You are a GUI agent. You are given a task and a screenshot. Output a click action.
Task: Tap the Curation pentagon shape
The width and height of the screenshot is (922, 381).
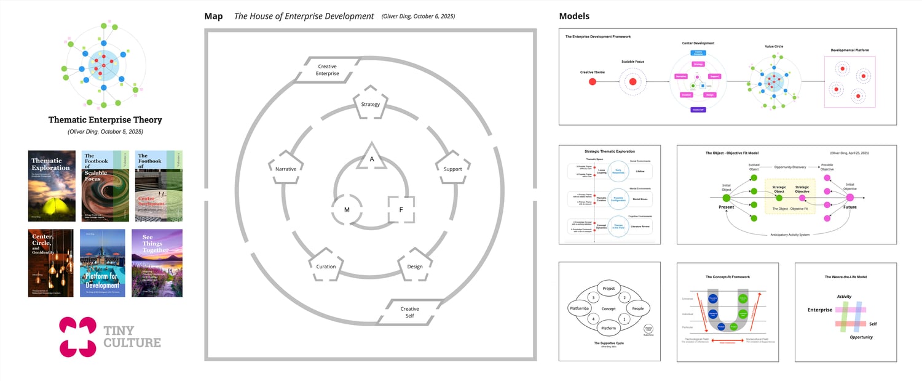326,265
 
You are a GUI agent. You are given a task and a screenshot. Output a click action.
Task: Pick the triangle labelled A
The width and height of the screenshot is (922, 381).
371,158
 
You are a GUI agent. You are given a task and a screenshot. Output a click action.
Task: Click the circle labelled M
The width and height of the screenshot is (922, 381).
347,209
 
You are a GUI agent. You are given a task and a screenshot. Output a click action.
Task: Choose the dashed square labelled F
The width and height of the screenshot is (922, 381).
401,209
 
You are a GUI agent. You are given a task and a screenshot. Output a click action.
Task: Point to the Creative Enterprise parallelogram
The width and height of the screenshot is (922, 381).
328,70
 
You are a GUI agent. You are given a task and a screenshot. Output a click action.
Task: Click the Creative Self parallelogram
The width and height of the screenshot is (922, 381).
409,312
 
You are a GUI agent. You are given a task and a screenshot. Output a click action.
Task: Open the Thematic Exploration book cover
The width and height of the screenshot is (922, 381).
52,185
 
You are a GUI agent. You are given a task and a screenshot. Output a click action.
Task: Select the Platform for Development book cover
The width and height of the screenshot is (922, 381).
103,263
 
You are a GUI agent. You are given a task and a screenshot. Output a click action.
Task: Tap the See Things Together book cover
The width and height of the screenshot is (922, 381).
157,263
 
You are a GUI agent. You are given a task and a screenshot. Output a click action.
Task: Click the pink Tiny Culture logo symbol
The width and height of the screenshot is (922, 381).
77,337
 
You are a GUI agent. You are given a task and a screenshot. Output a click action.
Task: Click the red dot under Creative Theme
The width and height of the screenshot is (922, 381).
593,81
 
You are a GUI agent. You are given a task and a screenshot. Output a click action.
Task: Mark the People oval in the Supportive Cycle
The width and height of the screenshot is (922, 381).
637,308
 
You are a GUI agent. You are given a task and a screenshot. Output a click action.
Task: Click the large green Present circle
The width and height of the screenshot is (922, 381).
726,198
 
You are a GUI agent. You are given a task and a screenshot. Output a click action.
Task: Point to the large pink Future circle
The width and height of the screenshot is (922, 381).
850,198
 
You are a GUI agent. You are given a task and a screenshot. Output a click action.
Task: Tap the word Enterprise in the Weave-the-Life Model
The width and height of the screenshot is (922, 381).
819,310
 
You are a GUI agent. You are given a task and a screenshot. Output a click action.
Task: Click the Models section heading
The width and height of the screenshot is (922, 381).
574,16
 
